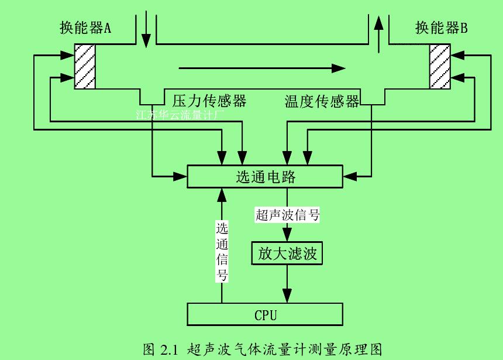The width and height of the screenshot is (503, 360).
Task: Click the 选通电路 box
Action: [265, 176]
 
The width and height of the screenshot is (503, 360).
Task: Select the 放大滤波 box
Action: [287, 253]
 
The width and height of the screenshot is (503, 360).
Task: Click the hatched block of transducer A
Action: [84, 66]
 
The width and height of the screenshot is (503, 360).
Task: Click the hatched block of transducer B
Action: [440, 66]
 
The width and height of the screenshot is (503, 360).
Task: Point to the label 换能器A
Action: [85, 28]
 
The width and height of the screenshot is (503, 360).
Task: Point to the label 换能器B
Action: [442, 28]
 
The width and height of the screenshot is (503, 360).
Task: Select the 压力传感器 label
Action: [209, 101]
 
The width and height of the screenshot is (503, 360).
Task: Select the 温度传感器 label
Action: [322, 101]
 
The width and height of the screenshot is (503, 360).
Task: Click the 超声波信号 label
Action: [287, 214]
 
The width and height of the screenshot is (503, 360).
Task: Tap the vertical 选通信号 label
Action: [222, 252]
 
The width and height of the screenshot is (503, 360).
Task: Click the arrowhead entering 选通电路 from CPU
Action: [222, 194]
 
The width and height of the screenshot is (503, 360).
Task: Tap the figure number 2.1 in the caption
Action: [167, 349]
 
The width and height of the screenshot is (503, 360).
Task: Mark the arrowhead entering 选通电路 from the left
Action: [181, 176]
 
